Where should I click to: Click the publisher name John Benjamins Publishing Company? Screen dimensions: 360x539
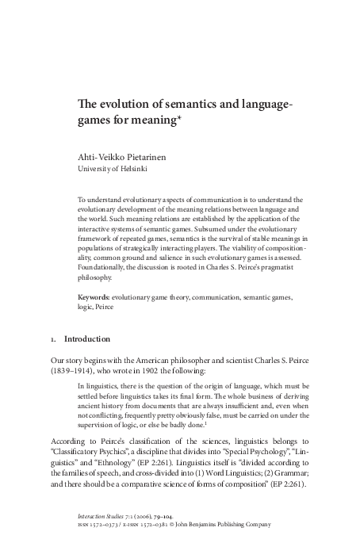pos(236,523)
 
